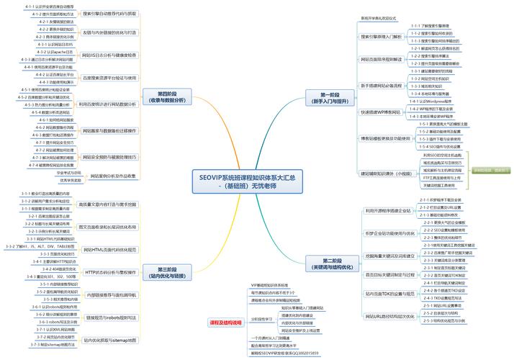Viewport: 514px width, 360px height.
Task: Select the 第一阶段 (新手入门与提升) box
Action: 332,97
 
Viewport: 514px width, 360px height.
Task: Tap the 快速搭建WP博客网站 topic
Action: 380,112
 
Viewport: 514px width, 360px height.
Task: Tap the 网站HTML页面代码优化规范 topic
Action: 109,249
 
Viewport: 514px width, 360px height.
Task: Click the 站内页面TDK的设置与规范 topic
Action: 388,293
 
